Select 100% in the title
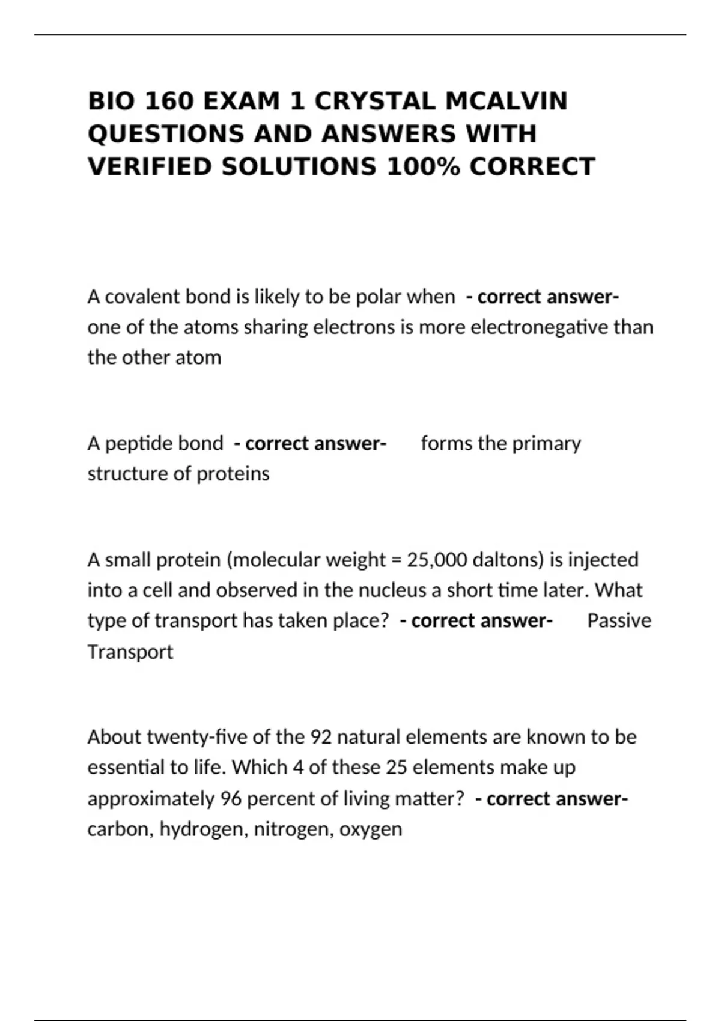click(x=423, y=166)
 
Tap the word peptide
click(x=139, y=444)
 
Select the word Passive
click(x=619, y=620)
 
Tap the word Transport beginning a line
click(x=130, y=652)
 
